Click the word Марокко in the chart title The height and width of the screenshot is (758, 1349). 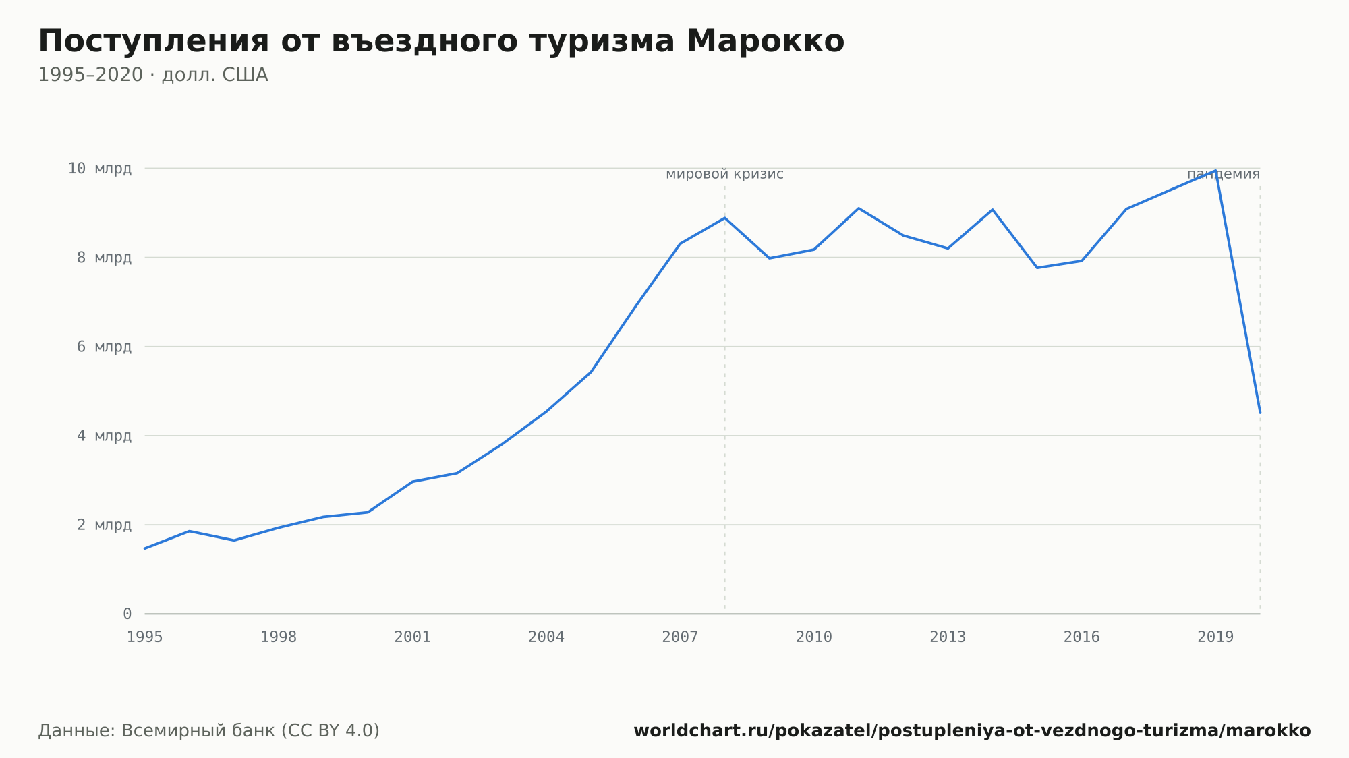coord(766,41)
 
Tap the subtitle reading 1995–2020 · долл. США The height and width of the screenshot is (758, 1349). coord(153,75)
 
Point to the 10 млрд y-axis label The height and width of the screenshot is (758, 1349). coord(100,169)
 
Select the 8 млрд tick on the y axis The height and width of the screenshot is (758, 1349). coord(104,258)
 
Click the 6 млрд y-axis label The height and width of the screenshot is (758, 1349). coord(104,347)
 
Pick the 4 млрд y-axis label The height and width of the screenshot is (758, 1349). coord(104,436)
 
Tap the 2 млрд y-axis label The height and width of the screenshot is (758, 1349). coord(104,525)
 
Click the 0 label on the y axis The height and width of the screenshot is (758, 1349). coord(127,614)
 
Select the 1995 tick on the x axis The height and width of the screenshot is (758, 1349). coord(145,637)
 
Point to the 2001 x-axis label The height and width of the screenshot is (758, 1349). coord(413,637)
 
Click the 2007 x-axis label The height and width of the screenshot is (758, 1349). coord(680,637)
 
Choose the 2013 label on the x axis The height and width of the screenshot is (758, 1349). coord(948,637)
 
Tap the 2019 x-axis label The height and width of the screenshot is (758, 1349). coord(1215,637)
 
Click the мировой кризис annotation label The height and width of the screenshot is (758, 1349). coord(724,174)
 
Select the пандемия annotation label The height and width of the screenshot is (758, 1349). coord(1224,174)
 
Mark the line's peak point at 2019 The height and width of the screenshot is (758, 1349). coord(1215,171)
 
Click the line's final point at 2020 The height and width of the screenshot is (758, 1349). coord(1260,413)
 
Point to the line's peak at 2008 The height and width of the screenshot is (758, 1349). coord(725,218)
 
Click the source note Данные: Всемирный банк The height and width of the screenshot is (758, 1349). coord(209,730)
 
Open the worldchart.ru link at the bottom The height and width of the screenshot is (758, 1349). coord(972,730)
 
